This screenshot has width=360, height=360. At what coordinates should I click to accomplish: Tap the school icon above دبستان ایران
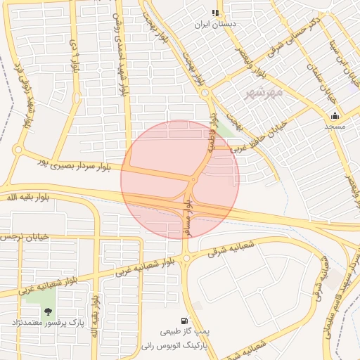(216, 13)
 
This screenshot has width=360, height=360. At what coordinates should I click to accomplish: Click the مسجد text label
(335, 127)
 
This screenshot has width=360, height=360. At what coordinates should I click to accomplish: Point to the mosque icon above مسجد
(335, 116)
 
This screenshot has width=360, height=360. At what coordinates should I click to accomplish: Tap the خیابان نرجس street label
(26, 237)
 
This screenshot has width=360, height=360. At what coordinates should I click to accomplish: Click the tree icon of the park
(48, 311)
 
